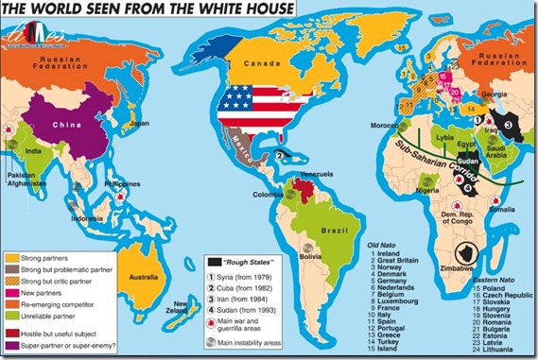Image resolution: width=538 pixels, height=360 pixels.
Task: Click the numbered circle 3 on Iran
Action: [506, 124]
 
